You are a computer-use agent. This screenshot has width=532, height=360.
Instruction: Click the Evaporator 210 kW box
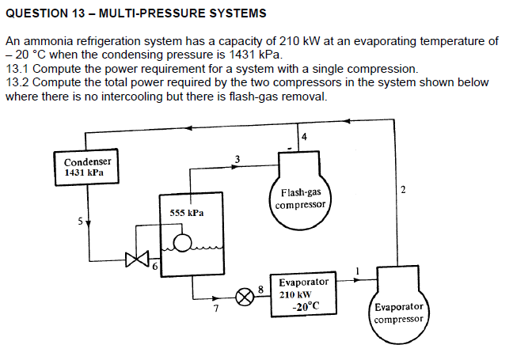(302, 295)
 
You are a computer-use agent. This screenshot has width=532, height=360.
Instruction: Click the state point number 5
(79, 222)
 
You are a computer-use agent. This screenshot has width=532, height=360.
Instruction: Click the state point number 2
(403, 190)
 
